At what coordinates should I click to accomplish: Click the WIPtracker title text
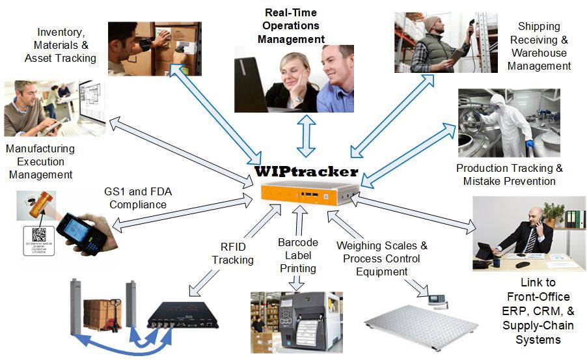pyautogui.click(x=307, y=172)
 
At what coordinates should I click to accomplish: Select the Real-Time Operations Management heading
pyautogui.click(x=291, y=26)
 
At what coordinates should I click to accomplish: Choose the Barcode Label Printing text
pyautogui.click(x=297, y=255)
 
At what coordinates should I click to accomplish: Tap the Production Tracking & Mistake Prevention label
pyautogui.click(x=509, y=174)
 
